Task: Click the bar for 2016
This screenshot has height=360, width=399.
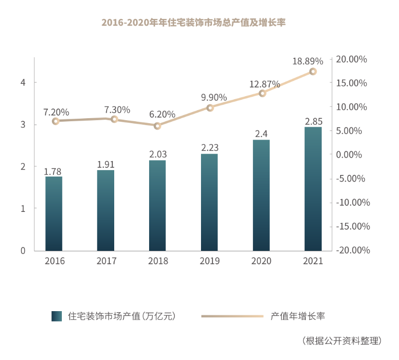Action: click(x=54, y=213)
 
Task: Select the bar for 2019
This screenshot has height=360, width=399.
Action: click(x=209, y=202)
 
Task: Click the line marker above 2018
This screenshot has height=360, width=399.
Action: click(x=158, y=126)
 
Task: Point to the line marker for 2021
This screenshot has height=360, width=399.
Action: click(x=313, y=71)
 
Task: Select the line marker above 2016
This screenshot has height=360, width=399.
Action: click(x=55, y=121)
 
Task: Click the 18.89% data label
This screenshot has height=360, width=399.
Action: click(x=308, y=61)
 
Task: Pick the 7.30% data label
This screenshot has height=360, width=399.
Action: click(x=117, y=109)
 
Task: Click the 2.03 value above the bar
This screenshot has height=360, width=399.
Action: click(x=158, y=154)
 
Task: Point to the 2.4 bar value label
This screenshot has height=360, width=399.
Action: click(x=261, y=134)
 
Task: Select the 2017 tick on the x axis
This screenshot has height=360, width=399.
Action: click(x=107, y=261)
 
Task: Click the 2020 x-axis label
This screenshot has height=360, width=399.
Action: click(x=261, y=261)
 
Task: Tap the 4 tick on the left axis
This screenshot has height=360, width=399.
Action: click(x=23, y=82)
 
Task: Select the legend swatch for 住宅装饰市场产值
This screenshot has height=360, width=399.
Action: click(x=56, y=316)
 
